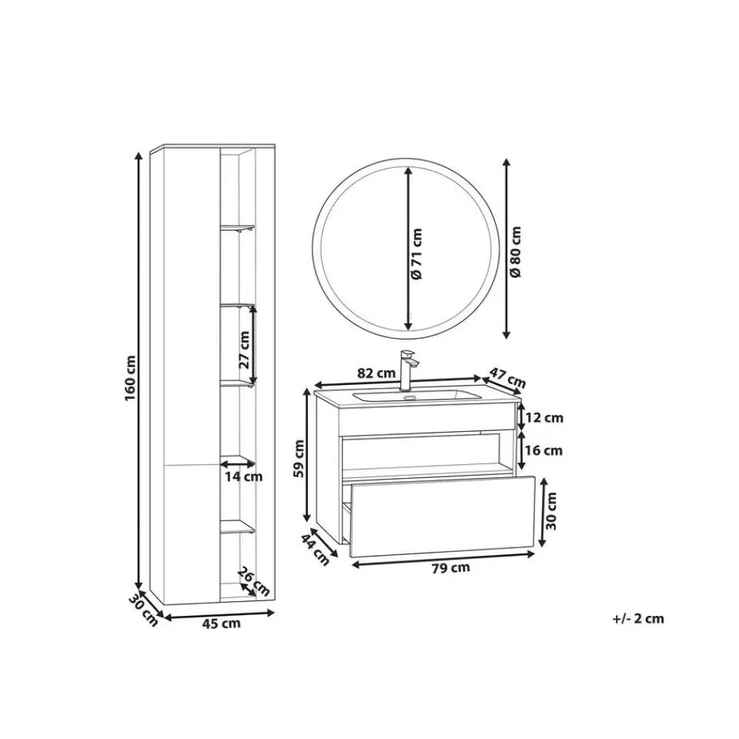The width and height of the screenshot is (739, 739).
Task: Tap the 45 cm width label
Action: tap(221, 624)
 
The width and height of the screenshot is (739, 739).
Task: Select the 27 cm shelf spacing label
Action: tap(244, 349)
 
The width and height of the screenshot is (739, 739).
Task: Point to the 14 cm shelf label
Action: tap(243, 477)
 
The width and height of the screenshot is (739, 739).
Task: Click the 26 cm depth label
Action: tap(253, 581)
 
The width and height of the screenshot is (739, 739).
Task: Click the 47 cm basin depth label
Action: tap(507, 376)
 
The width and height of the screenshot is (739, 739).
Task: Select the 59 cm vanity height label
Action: tap(299, 458)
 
